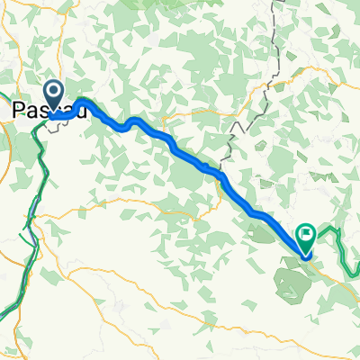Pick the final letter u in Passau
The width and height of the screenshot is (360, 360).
pos(82,109)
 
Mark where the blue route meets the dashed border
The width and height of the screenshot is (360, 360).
pos(219,174)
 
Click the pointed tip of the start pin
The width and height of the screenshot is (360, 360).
pos(53,113)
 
